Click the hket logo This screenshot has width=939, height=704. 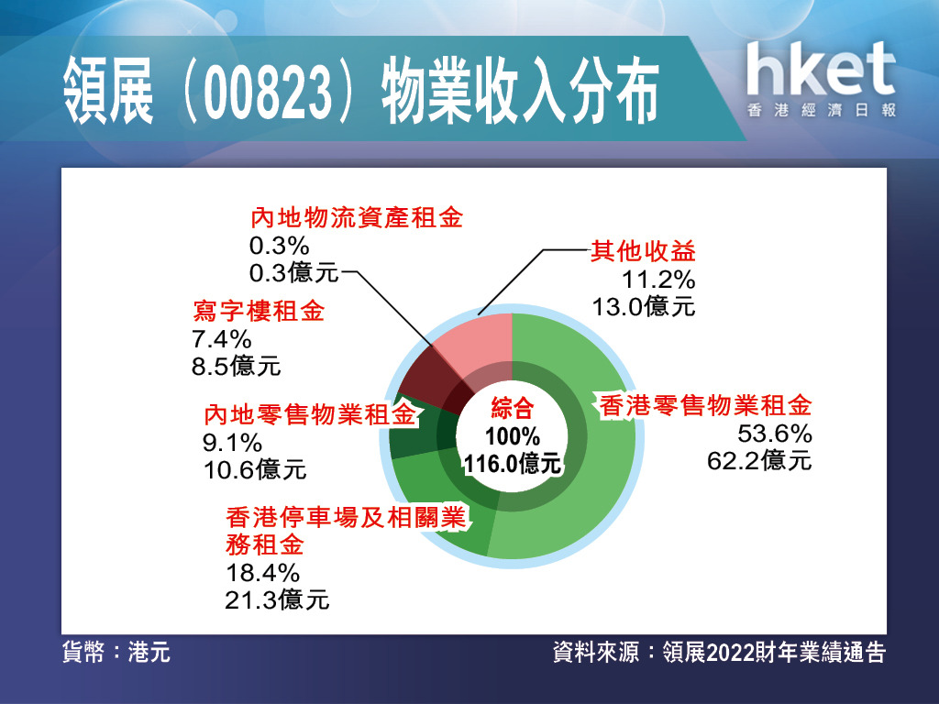click(x=821, y=79)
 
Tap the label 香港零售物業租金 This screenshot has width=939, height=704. click(x=705, y=406)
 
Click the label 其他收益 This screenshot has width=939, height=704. click(x=643, y=251)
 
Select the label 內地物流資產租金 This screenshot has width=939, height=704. click(x=357, y=218)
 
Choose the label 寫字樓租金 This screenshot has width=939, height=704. click(x=258, y=312)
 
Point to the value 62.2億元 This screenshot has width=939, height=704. click(x=759, y=461)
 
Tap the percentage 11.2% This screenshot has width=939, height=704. click(x=658, y=280)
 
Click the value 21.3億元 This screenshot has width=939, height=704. click(x=277, y=599)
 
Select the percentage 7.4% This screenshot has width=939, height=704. click(x=222, y=339)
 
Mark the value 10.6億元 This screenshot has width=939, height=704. click(x=255, y=470)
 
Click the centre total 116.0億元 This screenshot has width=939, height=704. click(x=513, y=463)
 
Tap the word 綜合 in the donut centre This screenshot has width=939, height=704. click(x=513, y=408)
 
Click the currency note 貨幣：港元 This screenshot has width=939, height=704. click(x=116, y=652)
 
